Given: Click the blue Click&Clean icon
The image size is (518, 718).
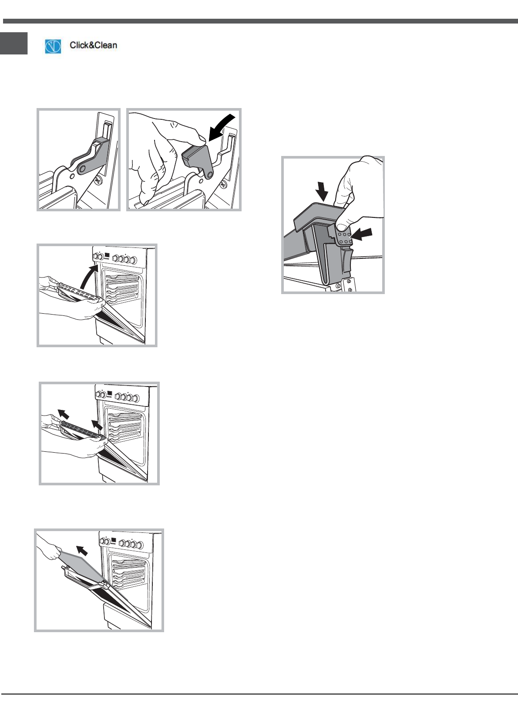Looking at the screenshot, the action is (x=53, y=46).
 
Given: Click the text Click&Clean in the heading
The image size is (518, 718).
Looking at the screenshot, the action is (x=93, y=45).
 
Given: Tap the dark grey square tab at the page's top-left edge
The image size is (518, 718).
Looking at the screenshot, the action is (x=14, y=43).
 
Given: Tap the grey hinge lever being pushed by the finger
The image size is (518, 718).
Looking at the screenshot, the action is (x=198, y=160).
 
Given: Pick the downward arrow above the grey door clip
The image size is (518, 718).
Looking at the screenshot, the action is (x=322, y=191).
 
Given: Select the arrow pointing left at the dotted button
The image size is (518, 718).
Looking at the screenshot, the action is (x=361, y=234).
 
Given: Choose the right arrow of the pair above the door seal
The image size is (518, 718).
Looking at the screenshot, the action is (x=98, y=425).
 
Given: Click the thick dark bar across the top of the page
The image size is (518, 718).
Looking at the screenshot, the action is (x=260, y=21).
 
